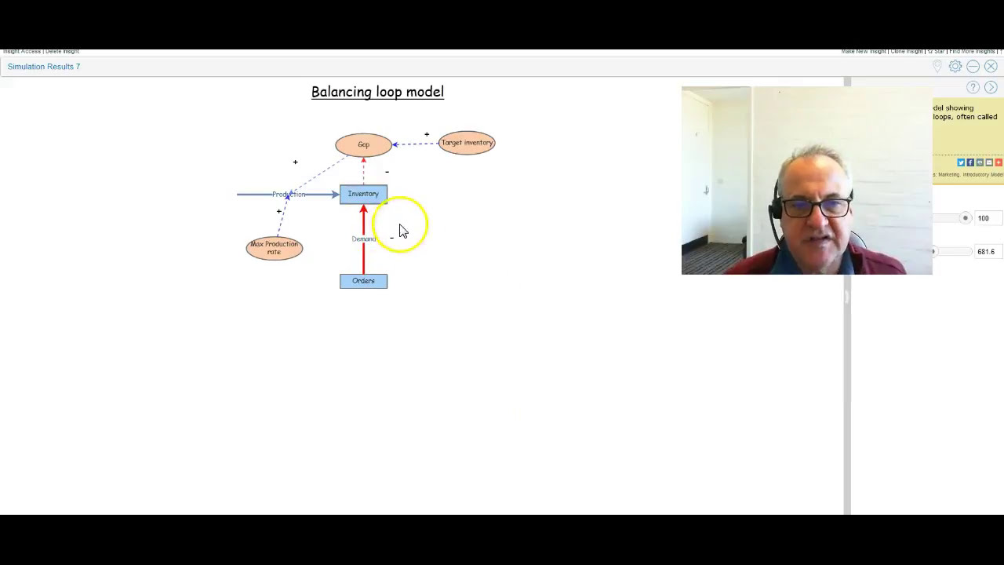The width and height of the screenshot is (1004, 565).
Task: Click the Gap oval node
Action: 363,144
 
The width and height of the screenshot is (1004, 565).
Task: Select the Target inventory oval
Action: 467,143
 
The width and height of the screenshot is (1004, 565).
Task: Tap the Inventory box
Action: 363,194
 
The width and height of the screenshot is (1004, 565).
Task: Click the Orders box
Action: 363,281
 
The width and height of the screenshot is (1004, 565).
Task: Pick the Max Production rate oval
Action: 274,248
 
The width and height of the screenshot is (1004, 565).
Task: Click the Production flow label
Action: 288,195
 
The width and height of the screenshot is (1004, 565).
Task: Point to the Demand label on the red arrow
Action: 363,239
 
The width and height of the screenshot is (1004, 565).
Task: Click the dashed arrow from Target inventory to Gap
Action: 416,144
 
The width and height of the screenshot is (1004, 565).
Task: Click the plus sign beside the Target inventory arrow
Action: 427,134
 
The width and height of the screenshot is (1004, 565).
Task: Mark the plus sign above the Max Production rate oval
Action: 278,211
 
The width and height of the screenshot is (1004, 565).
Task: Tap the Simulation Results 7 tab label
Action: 44,67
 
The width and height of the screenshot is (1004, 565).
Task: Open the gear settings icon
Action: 955,67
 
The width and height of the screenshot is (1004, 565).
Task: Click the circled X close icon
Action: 991,67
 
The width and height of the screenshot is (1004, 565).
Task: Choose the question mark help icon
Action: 973,87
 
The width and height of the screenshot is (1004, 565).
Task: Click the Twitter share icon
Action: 961,162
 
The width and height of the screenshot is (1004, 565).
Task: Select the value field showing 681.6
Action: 986,252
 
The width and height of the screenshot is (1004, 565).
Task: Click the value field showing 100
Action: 983,218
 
